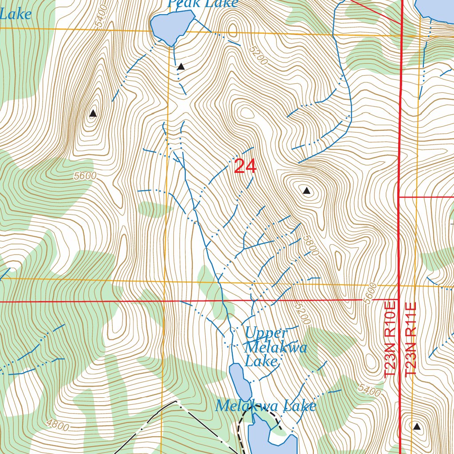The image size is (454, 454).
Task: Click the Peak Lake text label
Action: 203,4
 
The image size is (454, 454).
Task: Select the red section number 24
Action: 245,167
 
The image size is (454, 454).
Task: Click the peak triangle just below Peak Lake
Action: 181,67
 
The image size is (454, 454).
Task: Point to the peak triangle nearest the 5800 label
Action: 306,191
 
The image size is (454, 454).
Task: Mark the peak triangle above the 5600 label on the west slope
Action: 93,113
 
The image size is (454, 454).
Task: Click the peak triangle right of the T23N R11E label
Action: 416,427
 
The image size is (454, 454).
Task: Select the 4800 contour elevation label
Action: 58,426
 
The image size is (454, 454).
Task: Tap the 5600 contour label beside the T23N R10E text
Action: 368,294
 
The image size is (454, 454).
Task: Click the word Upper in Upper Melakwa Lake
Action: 266,333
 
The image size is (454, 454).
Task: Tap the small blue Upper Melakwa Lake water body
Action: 239,381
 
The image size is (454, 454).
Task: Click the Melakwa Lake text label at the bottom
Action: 266,406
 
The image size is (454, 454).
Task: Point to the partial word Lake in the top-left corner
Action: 16,14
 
